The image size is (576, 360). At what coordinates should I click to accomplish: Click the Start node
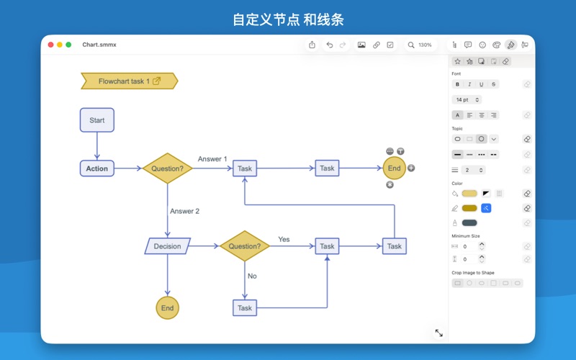tap(96, 120)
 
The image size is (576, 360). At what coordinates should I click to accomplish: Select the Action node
tap(96, 168)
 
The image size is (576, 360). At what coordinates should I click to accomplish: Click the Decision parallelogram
tap(167, 246)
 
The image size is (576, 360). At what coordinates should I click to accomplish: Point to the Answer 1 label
tap(212, 159)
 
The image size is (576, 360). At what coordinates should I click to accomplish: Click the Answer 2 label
tap(184, 211)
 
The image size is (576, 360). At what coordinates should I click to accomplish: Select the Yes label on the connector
tap(284, 239)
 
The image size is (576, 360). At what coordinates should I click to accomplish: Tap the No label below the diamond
tap(252, 276)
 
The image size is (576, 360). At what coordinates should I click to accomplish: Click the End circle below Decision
tap(167, 308)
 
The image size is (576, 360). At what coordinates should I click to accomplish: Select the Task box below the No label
tap(245, 308)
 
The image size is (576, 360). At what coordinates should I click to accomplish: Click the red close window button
tap(51, 45)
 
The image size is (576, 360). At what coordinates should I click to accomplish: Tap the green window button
tap(68, 45)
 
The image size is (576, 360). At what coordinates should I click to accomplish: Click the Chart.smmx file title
tap(99, 45)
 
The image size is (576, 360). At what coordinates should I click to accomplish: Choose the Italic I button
tap(469, 84)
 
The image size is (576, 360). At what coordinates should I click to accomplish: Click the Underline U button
tap(482, 84)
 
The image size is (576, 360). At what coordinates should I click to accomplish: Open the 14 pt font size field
tap(467, 99)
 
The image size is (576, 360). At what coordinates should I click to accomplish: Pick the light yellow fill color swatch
tap(469, 194)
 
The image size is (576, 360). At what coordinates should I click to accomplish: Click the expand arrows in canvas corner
tap(438, 333)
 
